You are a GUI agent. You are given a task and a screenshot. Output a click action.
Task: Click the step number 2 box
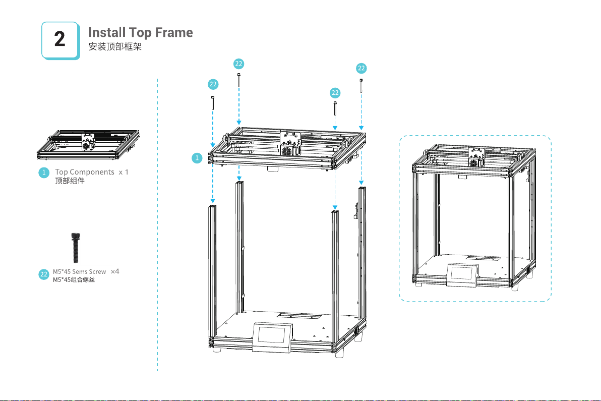(x=60, y=40)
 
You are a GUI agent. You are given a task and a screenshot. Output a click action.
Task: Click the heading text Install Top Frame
(x=141, y=33)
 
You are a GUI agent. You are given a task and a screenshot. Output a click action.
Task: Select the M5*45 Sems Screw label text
(x=80, y=272)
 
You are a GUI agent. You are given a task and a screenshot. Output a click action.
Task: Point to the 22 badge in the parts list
(x=44, y=275)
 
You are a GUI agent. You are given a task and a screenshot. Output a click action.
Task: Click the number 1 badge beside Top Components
(x=44, y=173)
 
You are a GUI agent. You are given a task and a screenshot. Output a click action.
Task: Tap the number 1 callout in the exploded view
(x=198, y=158)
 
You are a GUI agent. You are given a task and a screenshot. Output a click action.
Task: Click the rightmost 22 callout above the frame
(x=362, y=68)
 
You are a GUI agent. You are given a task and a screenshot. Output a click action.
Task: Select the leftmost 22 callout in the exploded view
(x=213, y=84)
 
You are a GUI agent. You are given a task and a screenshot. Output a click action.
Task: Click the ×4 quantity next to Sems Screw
(x=115, y=271)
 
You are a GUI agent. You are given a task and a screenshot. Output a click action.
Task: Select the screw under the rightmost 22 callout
(x=362, y=85)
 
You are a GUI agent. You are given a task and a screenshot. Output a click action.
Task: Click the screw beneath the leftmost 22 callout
(x=213, y=102)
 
